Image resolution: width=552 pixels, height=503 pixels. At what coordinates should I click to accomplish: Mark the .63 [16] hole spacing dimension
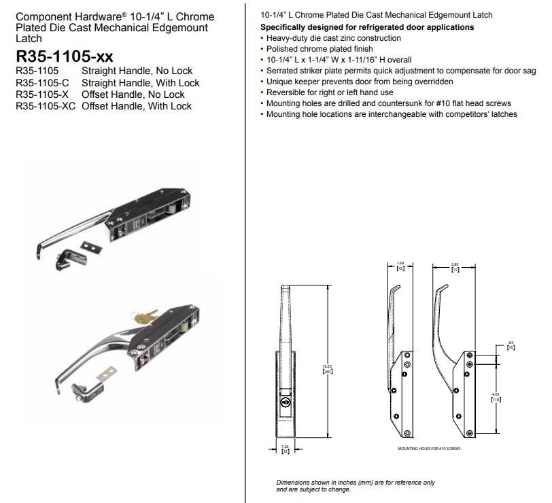[511, 345]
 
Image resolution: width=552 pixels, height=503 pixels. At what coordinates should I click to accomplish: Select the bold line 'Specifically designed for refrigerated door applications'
[368, 27]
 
